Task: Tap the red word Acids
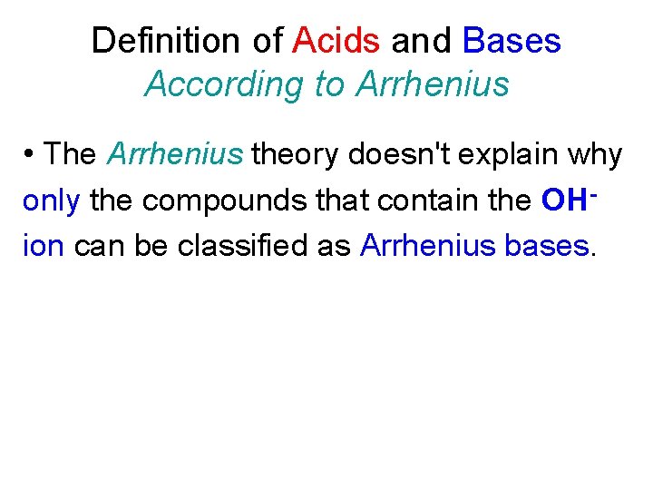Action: (336, 41)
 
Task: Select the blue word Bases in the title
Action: (512, 41)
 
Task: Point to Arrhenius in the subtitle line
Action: (433, 84)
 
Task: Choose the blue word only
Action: (52, 201)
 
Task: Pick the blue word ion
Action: (43, 245)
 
